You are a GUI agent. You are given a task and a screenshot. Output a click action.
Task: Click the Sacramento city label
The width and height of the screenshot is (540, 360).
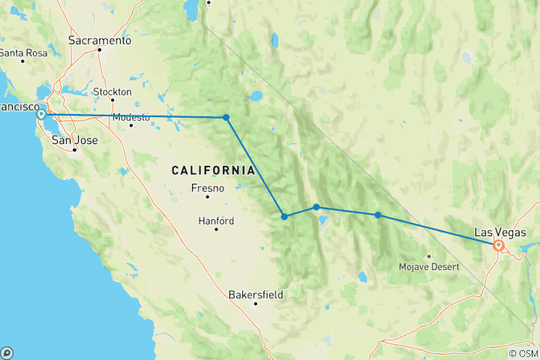99,40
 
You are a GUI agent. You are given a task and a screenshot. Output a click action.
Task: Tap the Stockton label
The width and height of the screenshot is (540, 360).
112,91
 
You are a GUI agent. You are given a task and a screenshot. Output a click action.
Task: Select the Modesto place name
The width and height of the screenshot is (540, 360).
130,118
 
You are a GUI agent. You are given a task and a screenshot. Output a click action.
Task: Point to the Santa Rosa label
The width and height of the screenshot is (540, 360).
23,52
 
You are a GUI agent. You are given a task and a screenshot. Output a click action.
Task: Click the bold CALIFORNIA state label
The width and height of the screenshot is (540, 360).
213,170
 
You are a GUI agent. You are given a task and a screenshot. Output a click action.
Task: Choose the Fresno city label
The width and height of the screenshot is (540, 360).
207,187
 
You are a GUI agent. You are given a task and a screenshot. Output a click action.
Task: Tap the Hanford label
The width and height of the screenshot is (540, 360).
215,221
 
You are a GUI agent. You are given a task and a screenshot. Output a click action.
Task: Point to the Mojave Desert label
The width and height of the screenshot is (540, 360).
428,265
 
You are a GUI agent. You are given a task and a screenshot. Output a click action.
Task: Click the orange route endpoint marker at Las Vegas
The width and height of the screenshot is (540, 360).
498,244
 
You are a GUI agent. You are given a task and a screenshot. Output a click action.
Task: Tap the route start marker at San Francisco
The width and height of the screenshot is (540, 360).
41,115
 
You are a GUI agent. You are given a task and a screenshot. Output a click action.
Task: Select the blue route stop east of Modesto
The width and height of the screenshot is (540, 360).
226,117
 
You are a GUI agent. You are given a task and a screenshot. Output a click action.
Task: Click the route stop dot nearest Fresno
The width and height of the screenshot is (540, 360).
284,217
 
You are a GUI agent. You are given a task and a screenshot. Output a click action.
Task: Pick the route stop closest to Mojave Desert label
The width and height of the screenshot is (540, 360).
378,215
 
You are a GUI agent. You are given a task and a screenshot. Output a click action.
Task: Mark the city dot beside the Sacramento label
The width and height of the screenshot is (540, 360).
99,49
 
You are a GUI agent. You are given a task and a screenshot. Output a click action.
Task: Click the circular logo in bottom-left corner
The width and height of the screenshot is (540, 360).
7,352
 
